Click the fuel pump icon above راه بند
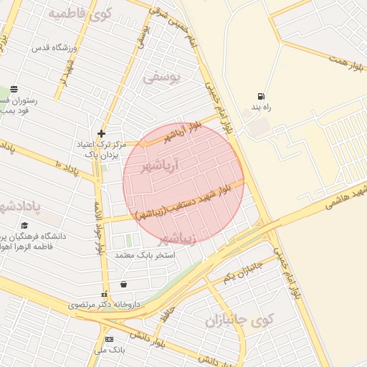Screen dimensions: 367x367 pos(259,97)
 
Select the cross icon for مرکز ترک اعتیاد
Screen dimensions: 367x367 pos(102,133)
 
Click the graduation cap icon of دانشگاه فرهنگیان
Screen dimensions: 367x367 pos(25,225)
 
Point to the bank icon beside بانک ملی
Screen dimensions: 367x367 pos(109,339)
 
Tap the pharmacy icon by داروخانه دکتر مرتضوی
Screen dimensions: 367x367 pos(105,294)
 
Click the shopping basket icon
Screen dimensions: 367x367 pos(123,285)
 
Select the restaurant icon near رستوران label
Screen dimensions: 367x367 pos(14,90)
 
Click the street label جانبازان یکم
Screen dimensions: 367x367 pos(244,270)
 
